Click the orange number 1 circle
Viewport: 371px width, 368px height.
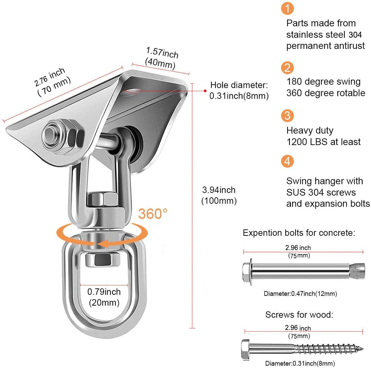pos(287,8)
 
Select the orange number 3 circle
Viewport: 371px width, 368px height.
pos(287,116)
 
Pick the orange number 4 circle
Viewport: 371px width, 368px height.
pos(287,161)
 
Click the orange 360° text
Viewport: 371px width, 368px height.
pos(153,214)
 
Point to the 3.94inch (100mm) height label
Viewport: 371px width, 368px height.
pos(219,196)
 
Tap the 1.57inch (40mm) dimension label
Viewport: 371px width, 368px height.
pos(162,58)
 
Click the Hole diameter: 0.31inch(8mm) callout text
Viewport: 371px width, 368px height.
pos(239,90)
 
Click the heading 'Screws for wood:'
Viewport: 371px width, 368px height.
pos(299,315)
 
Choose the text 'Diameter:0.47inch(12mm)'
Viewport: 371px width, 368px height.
pos(300,294)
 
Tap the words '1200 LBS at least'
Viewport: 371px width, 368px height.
pos(324,142)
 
